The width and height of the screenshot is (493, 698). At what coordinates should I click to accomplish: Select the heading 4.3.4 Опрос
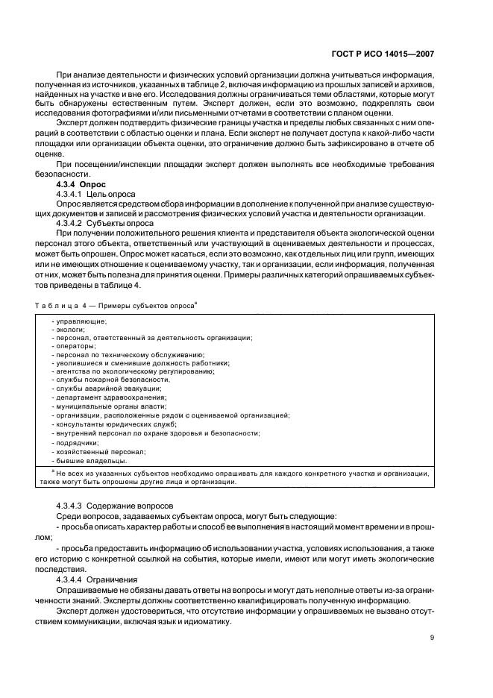81,183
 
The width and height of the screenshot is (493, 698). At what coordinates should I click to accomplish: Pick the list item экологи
69,330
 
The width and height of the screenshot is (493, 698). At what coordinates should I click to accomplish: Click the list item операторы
75,346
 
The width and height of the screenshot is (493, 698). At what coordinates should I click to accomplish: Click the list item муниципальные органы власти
103,406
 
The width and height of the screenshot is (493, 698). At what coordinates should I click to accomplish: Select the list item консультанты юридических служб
109,423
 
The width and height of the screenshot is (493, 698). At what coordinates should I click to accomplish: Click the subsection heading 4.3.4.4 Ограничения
96,578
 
